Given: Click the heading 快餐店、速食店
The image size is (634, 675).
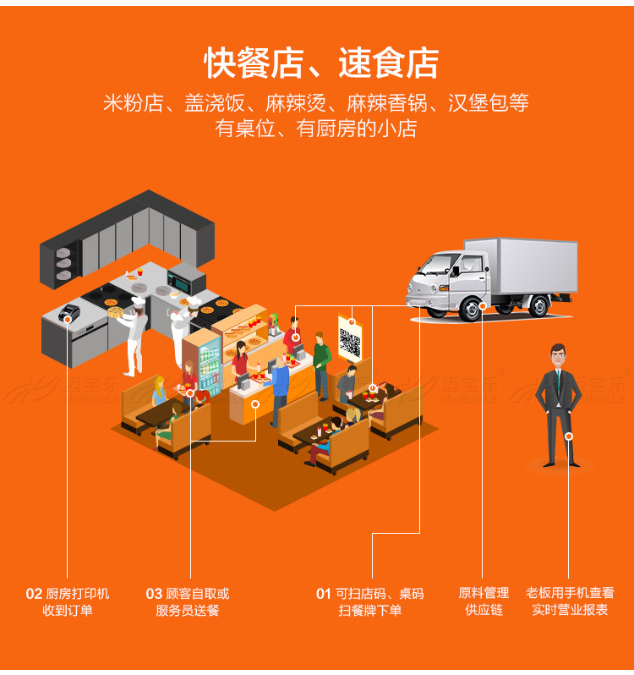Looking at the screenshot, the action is [x=321, y=63].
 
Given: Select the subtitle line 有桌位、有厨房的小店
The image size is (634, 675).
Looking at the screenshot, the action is [x=316, y=129].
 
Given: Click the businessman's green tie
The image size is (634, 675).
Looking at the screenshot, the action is [x=557, y=384].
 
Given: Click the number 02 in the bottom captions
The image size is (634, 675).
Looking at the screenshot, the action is [x=34, y=594].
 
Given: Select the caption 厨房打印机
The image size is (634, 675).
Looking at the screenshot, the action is [x=78, y=594].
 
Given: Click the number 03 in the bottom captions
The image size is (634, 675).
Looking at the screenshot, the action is [x=154, y=594].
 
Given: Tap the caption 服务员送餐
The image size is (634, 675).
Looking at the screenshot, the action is [x=188, y=611].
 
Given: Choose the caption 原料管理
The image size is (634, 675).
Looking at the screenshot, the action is [x=484, y=593].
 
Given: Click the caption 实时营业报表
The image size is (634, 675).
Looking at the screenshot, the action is [x=570, y=610].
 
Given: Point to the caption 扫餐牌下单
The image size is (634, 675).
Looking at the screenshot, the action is [x=370, y=611].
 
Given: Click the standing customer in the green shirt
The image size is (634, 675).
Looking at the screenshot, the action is [x=321, y=359].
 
